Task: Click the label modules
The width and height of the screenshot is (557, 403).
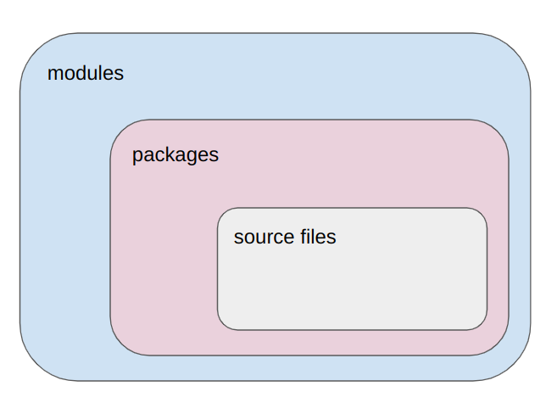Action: click(85, 73)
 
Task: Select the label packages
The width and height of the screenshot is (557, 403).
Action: click(175, 155)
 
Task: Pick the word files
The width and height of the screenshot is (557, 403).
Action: click(316, 237)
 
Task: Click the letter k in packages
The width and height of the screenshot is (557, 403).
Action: click(171, 154)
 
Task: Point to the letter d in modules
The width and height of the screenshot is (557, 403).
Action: click(81, 73)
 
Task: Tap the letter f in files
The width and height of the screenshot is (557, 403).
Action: click(299, 237)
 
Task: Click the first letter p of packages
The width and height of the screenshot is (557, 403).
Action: click(137, 157)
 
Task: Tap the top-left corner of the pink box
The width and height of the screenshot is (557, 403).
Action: click(120, 129)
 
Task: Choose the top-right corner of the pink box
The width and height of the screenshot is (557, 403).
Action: click(499, 129)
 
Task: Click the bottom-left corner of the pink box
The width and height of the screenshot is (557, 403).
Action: click(120, 345)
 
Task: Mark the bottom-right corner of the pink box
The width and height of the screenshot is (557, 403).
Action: click(499, 345)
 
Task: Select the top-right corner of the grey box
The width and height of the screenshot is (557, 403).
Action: click(481, 214)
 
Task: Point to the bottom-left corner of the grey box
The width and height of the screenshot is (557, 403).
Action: click(224, 323)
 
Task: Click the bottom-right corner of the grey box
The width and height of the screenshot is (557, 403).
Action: click(481, 323)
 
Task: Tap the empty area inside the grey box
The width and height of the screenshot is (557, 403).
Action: click(352, 284)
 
